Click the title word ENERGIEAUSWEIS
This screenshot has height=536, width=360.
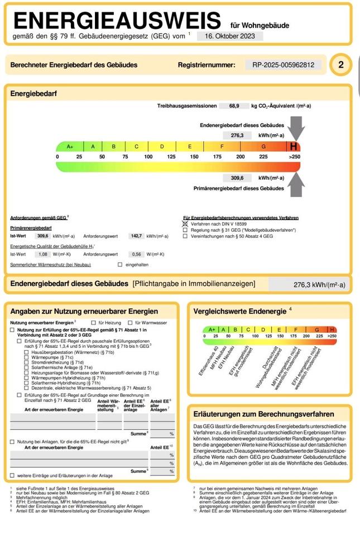point(117,21)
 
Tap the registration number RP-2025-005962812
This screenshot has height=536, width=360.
point(283,65)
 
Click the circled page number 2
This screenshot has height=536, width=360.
point(341,65)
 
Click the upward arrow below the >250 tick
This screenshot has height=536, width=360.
point(296,184)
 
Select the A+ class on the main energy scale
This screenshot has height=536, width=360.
point(70,147)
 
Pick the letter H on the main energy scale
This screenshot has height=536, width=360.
point(293,147)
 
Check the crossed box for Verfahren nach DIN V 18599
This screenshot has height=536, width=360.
point(186,223)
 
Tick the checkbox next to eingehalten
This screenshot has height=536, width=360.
point(120,265)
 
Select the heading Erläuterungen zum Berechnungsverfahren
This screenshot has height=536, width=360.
point(263,414)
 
